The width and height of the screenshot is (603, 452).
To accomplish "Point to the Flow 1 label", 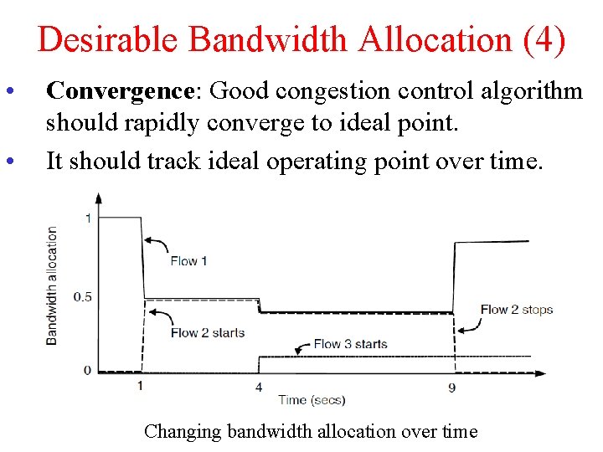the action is pos(188,260).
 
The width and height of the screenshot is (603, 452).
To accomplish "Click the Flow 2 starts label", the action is pos(207,332).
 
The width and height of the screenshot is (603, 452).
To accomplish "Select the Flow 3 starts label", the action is pos(350,343).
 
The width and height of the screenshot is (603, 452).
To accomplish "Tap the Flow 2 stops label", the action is pos(516,310).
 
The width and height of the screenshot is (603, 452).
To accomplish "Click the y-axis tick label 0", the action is pos(87,370).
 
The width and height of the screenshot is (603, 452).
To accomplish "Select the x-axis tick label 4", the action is pos(259,387).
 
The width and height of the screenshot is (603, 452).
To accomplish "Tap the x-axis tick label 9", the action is pos(452,387).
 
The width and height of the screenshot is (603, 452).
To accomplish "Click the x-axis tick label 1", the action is pos(140,385).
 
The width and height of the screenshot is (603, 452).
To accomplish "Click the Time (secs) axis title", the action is pos(312,400).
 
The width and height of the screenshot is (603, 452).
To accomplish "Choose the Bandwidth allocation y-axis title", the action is pos(52,285).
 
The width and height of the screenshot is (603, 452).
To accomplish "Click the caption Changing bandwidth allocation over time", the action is pos(311,431).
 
